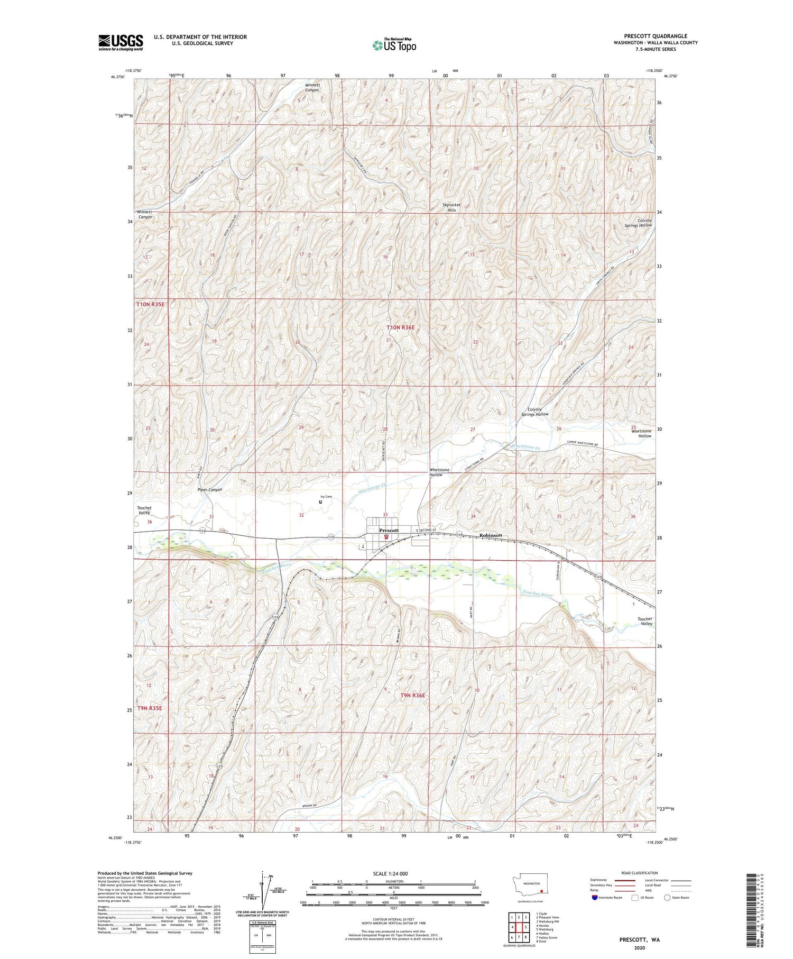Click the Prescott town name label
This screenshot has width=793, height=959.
tap(389, 530)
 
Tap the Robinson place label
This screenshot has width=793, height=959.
tap(490, 535)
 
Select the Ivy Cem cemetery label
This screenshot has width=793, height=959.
tap(326, 496)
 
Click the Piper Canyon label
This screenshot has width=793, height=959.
tap(209, 489)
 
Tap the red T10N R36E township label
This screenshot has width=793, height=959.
tap(400, 327)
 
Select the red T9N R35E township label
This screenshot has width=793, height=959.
tap(150, 708)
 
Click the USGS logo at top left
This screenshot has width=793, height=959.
tap(121, 42)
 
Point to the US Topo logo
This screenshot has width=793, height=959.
tap(394, 45)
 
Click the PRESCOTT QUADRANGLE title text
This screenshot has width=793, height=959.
tap(655, 36)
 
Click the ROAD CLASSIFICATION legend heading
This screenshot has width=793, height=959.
tap(639, 873)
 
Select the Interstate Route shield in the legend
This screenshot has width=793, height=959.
tap(595, 897)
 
